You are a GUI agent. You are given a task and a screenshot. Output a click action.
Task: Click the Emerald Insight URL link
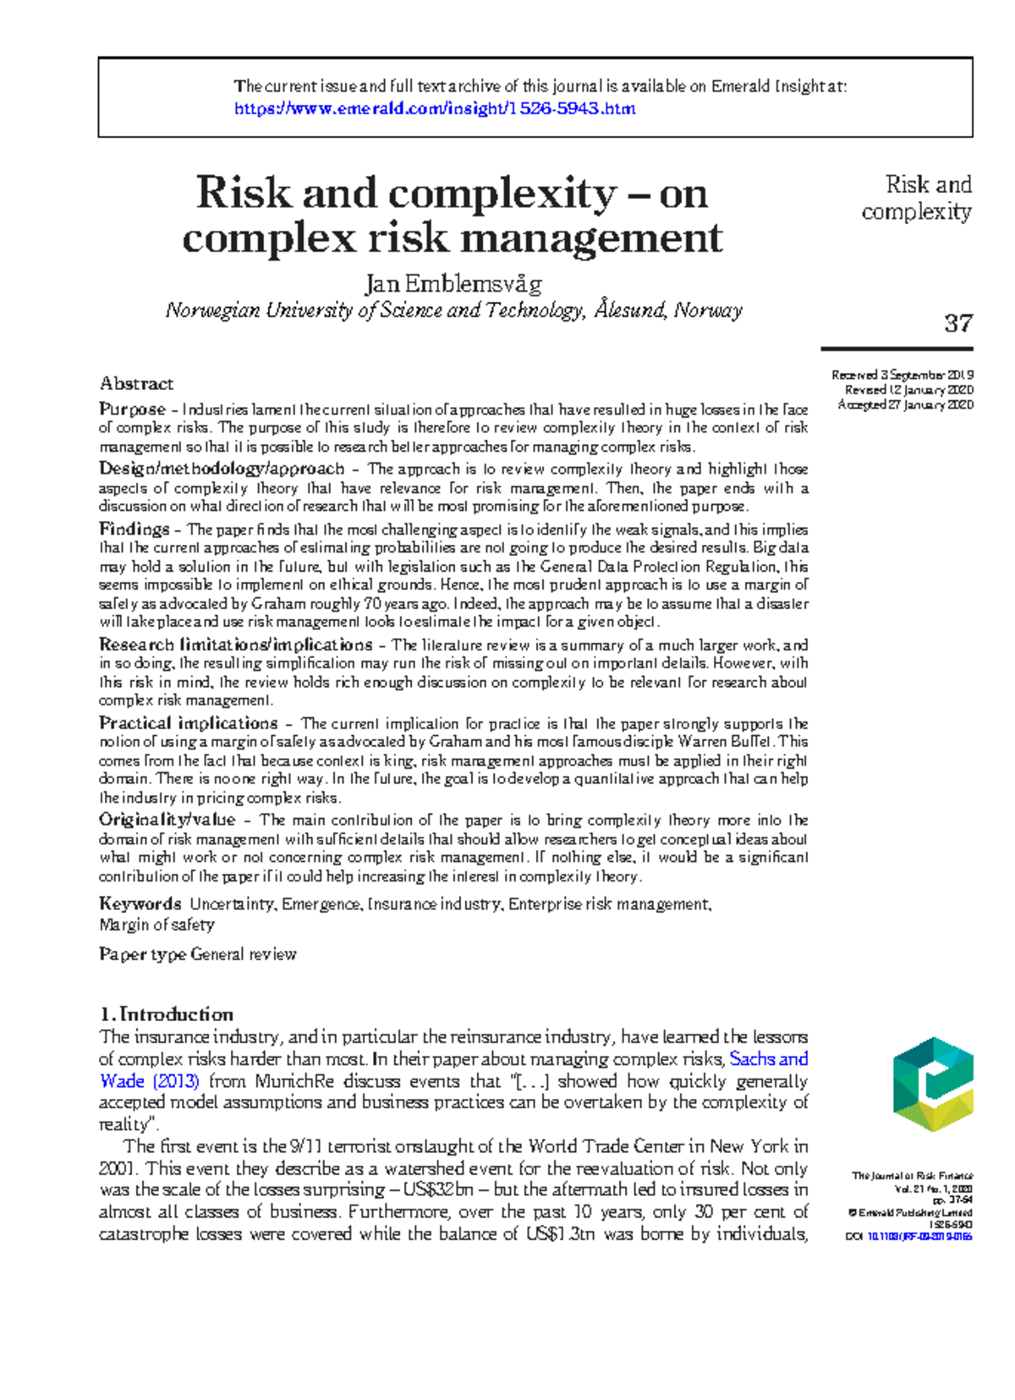pyautogui.click(x=434, y=108)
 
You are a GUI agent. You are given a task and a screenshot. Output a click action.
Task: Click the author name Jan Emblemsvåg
pyautogui.click(x=453, y=283)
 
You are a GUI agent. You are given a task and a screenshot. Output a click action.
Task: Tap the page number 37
pyautogui.click(x=957, y=323)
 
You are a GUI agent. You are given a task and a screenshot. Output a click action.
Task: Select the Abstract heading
pyautogui.click(x=136, y=383)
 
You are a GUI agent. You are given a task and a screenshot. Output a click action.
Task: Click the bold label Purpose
pyautogui.click(x=132, y=409)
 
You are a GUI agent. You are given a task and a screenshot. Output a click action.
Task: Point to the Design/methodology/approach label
pyautogui.click(x=222, y=468)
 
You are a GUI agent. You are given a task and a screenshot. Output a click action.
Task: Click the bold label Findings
pyautogui.click(x=134, y=529)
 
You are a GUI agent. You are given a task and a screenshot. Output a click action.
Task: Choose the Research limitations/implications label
pyautogui.click(x=235, y=644)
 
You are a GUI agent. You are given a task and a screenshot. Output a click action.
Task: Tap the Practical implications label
pyautogui.click(x=188, y=722)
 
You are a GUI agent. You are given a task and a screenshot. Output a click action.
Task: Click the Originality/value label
pyautogui.click(x=167, y=819)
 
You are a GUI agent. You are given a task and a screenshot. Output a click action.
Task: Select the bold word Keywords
pyautogui.click(x=140, y=903)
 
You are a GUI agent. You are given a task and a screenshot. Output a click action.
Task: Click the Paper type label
pyautogui.click(x=142, y=954)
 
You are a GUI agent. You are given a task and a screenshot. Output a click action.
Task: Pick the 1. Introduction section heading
pyautogui.click(x=166, y=1013)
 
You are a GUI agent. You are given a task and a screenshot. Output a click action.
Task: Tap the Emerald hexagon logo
pyautogui.click(x=933, y=1084)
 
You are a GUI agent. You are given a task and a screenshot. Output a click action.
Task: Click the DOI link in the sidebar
pyautogui.click(x=919, y=1236)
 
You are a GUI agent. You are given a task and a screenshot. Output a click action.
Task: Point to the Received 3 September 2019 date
pyautogui.click(x=902, y=375)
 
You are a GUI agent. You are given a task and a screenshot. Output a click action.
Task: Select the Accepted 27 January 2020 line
pyautogui.click(x=905, y=404)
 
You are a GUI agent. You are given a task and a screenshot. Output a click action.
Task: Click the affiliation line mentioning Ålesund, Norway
pyautogui.click(x=453, y=310)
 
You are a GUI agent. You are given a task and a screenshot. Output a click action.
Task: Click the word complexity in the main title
pyautogui.click(x=502, y=194)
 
